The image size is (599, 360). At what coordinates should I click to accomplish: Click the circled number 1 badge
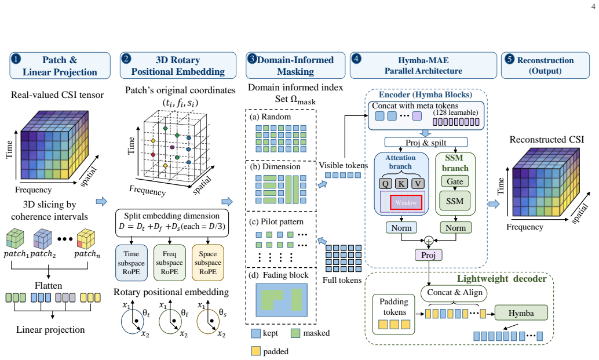[x=16, y=59]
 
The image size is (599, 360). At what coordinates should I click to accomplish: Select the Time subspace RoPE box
[x=132, y=263]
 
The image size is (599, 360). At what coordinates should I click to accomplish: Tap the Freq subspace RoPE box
[x=169, y=263]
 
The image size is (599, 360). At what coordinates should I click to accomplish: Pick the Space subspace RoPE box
[x=208, y=263]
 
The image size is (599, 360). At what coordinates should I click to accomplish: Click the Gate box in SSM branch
[x=455, y=181]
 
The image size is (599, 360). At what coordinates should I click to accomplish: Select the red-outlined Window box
[x=406, y=202]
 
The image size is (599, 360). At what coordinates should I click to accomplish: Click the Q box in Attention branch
[x=385, y=183]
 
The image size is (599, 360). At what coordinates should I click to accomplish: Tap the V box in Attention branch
[x=418, y=183]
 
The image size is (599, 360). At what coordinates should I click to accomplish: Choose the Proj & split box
[x=426, y=142]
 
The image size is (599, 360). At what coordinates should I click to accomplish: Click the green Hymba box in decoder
[x=521, y=312]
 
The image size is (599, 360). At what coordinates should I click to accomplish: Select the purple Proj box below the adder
[x=429, y=255]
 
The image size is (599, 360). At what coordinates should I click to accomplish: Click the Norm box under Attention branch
[x=401, y=228]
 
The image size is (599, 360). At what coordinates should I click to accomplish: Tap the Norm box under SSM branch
[x=456, y=228]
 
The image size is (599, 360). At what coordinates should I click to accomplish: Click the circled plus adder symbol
[x=429, y=241]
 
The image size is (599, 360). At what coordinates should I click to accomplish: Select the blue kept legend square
[x=256, y=333]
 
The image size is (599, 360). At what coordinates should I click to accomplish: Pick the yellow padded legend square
[x=256, y=351]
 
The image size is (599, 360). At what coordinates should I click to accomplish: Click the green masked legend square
[x=295, y=333]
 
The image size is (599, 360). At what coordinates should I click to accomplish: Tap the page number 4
[x=593, y=6]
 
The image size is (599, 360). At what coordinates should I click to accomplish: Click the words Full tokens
[x=342, y=280]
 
